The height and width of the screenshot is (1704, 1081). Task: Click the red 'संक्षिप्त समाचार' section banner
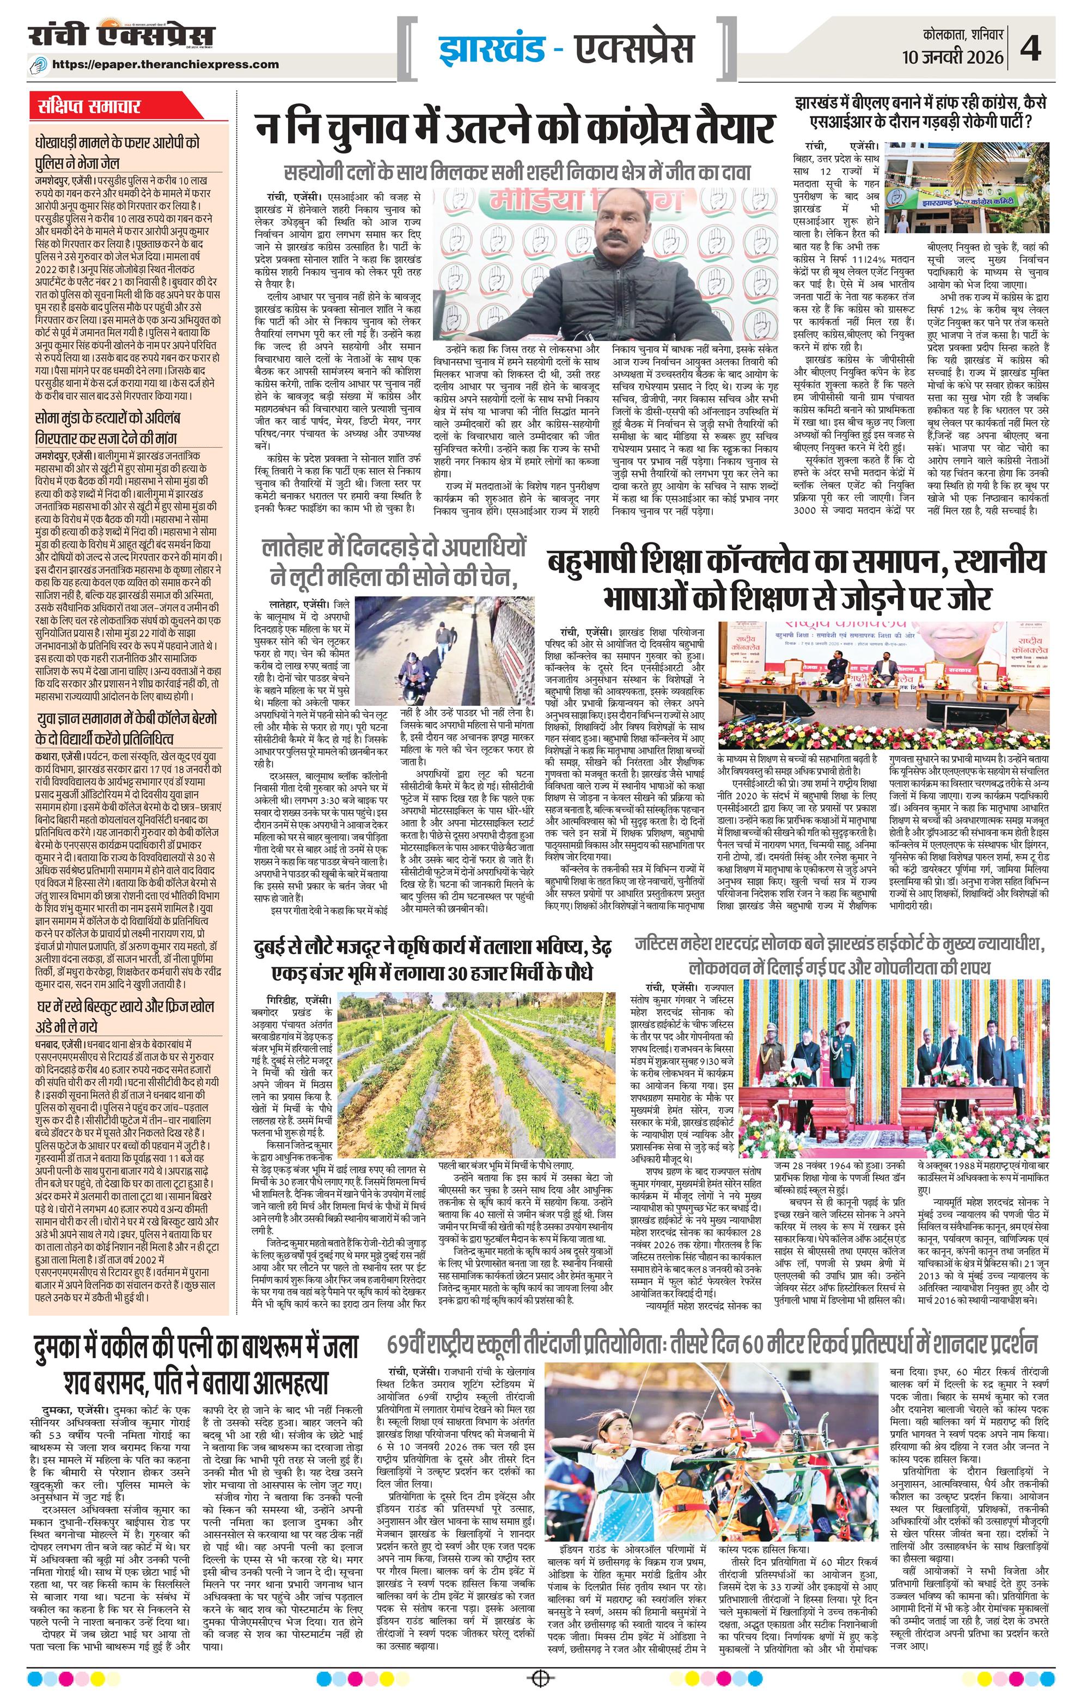pos(89,108)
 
